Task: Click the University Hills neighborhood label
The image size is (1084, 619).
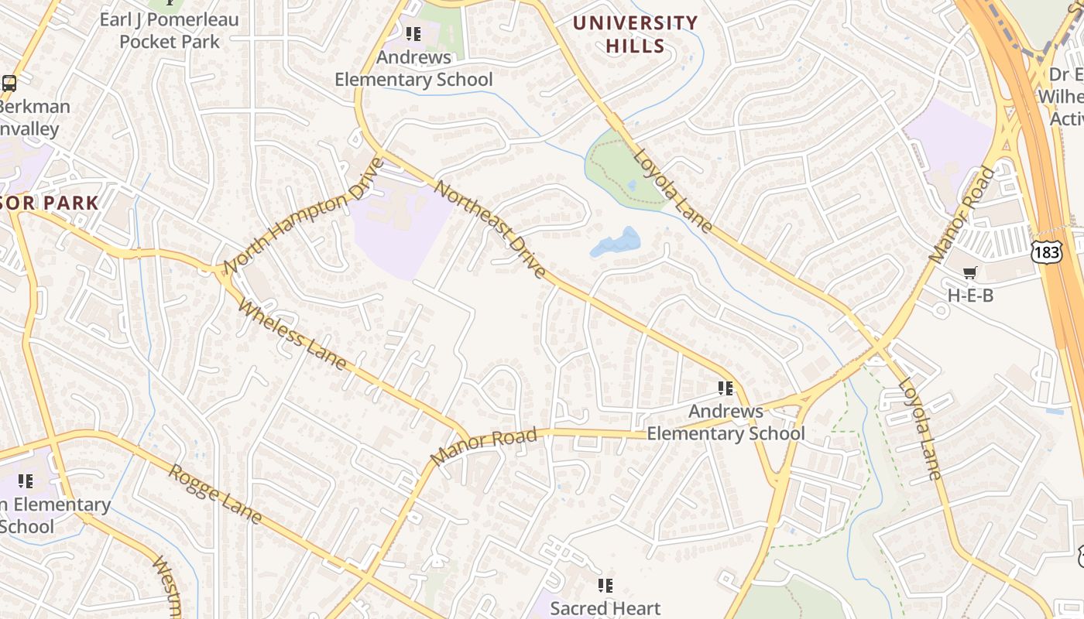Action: point(636,35)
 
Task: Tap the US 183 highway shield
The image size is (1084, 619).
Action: point(1046,252)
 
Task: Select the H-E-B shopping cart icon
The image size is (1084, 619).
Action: point(969,272)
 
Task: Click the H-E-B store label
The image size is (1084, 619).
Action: point(970,295)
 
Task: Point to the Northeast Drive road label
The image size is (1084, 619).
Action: point(490,229)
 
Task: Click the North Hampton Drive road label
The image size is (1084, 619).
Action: point(304,215)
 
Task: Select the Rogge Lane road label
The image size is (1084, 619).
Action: point(215,494)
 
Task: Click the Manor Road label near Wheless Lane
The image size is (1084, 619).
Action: point(483,447)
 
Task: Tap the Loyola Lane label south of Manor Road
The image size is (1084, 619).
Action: point(921,428)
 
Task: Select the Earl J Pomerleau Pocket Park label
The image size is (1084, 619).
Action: point(169,30)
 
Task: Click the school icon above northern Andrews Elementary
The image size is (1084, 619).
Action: point(413,34)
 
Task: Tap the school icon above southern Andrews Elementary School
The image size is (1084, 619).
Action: point(726,388)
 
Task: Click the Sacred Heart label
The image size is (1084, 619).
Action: point(605,608)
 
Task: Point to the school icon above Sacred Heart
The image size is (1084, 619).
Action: point(605,586)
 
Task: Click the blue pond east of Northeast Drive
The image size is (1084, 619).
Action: point(617,242)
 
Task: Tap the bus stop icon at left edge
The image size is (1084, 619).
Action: point(9,84)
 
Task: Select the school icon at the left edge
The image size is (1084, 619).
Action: point(26,481)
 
